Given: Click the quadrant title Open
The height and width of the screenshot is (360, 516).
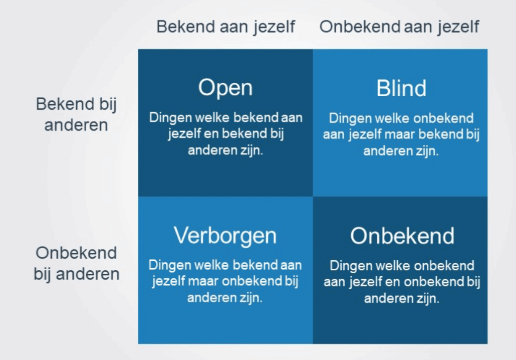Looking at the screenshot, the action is tap(225, 88).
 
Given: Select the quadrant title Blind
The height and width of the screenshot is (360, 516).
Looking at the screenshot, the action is tap(401, 88).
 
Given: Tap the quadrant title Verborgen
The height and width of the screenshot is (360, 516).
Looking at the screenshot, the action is tap(225, 236).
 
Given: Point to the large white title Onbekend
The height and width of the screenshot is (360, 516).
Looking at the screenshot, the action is tap(402, 236).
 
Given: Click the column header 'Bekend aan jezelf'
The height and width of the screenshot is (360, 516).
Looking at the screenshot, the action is tap(226, 27).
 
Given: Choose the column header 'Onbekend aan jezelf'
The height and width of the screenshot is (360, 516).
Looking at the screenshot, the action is tap(399, 27).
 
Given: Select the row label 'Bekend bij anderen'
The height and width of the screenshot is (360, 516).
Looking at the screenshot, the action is tap(76, 114).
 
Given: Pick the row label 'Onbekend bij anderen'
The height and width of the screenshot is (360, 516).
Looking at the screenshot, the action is tap(76, 264).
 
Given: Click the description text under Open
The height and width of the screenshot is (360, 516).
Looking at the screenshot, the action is tap(226, 134).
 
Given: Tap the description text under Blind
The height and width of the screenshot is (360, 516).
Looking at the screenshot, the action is tap(401, 134).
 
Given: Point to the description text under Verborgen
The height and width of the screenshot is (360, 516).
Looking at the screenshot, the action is tap(225, 281).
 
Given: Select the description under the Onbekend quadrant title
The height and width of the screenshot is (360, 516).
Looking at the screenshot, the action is tap(402, 282).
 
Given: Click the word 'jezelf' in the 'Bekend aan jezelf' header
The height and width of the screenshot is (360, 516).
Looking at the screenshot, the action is tap(274, 28).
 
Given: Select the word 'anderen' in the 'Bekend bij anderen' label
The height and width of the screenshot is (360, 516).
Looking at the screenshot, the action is tap(76, 125).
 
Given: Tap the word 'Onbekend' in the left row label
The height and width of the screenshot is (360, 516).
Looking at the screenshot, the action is tap(76, 253).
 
